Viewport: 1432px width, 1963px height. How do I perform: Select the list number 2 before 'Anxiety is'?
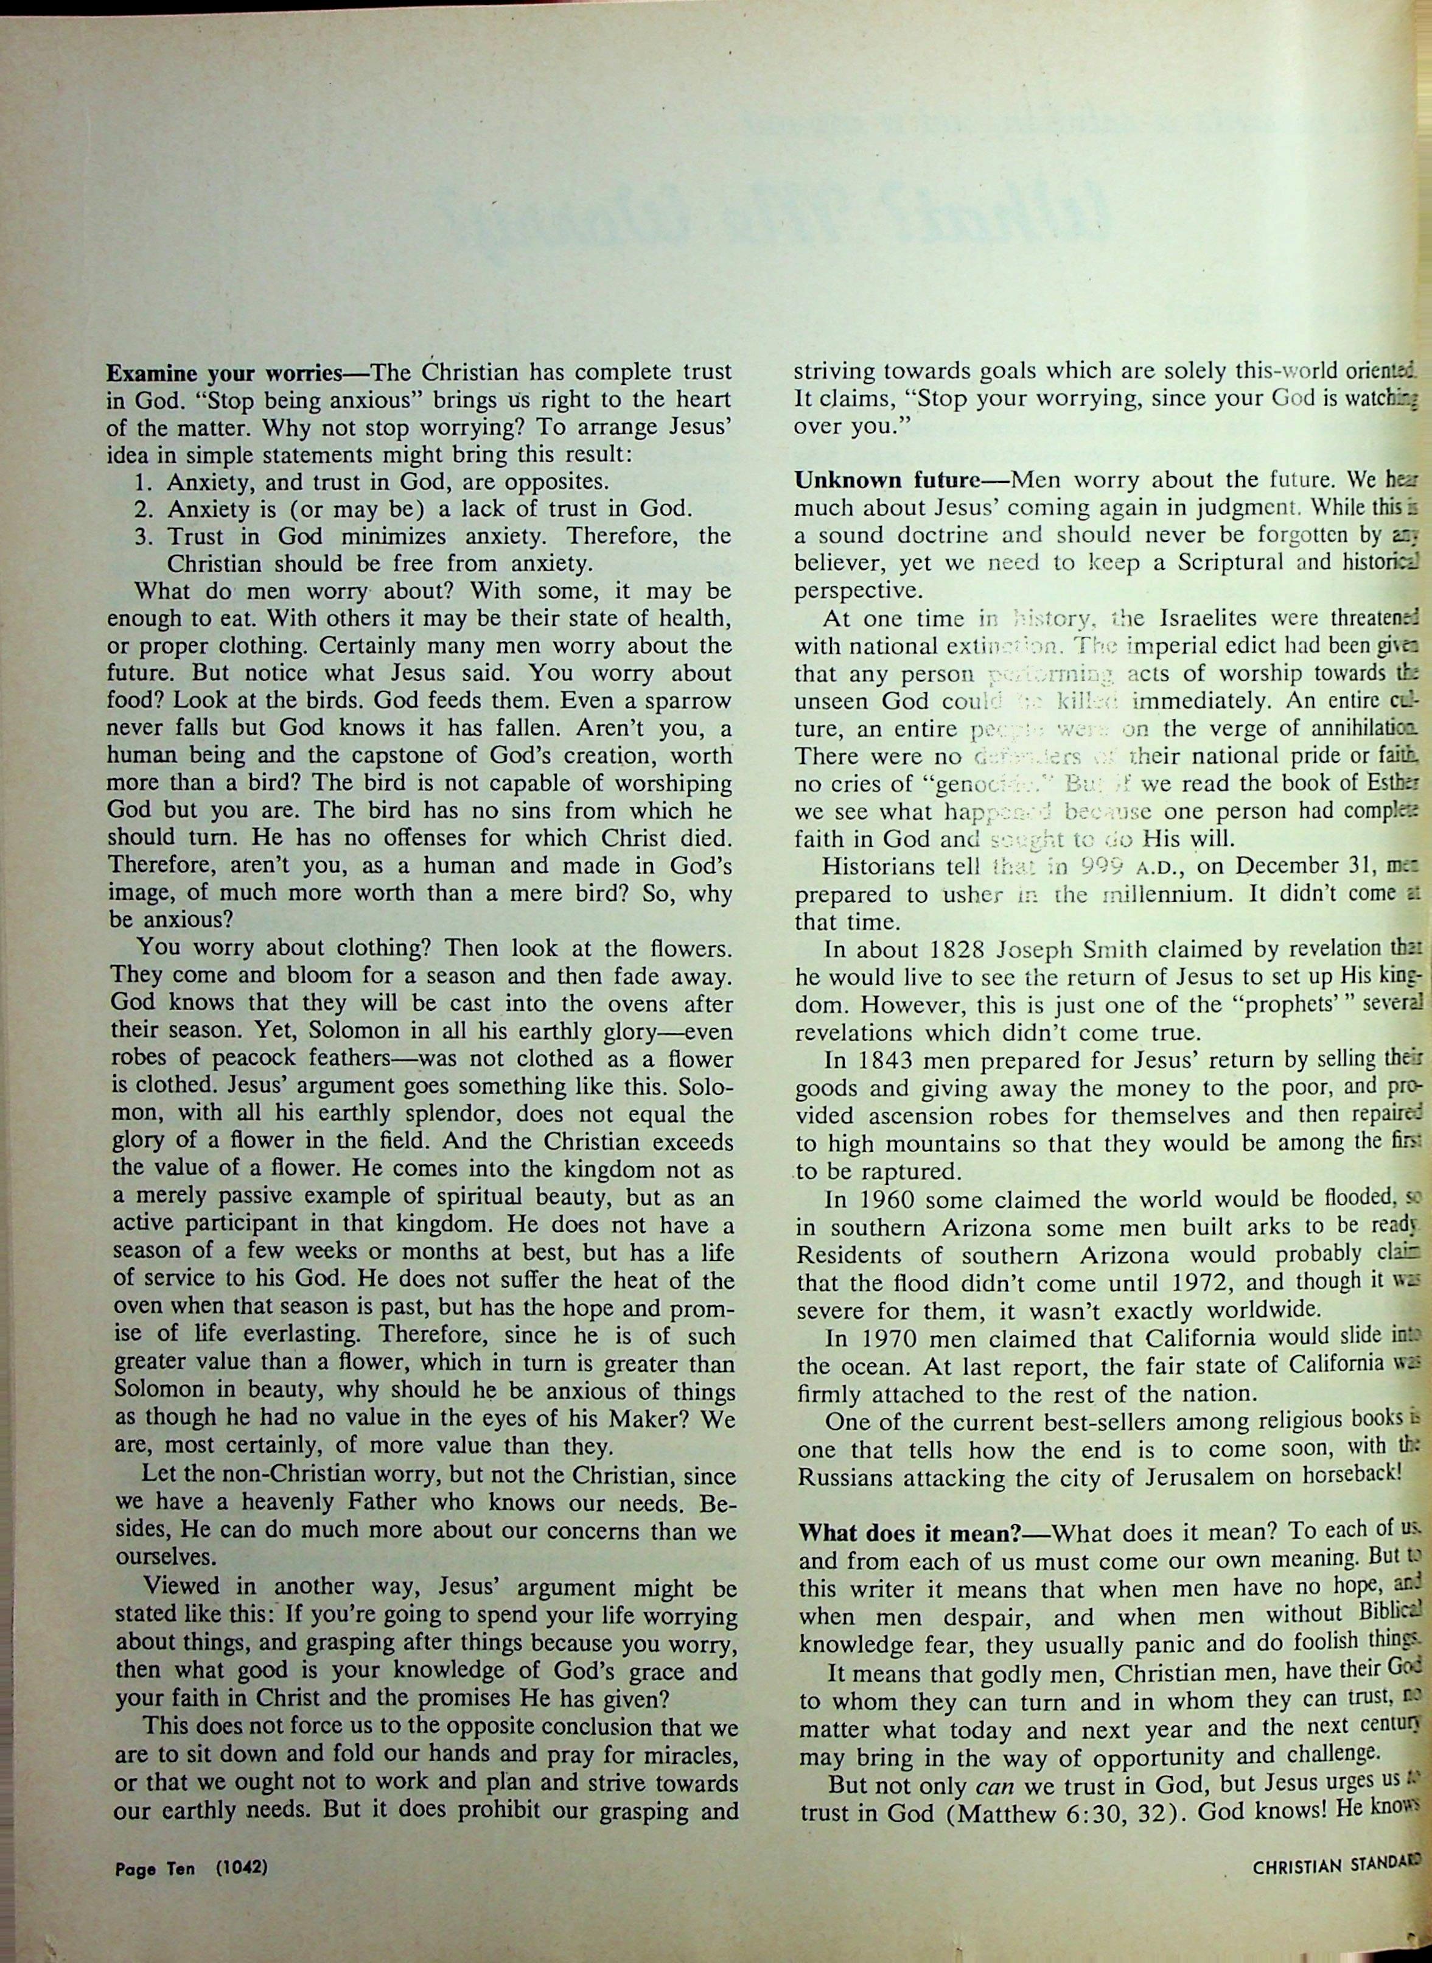coord(144,509)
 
